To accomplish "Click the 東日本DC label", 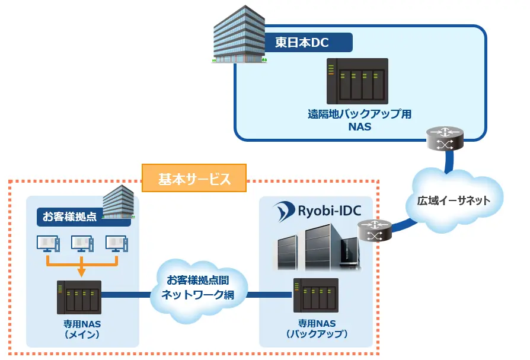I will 302,42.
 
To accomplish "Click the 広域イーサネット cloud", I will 454,200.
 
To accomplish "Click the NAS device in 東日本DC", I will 357,82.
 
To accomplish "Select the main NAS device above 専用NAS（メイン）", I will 79,297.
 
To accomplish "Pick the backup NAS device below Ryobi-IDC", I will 316,295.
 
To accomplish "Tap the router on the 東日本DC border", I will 444,138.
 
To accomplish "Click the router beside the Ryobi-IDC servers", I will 375,231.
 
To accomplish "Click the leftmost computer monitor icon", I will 47,244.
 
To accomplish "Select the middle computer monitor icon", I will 82,244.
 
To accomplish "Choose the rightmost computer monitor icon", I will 116,244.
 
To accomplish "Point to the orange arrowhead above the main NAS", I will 82,272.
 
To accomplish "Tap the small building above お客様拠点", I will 119,200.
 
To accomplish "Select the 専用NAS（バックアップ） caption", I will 317,329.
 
